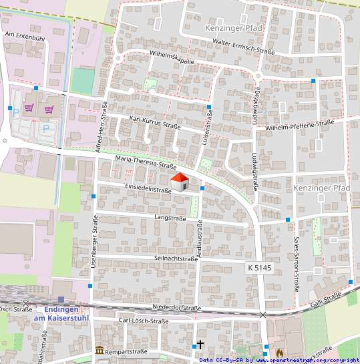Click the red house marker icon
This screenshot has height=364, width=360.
(x=180, y=181)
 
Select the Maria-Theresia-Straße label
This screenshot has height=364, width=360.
(x=146, y=162)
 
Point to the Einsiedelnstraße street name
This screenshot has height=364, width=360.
(x=148, y=189)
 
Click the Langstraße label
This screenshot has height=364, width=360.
(x=170, y=218)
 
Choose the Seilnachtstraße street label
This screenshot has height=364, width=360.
(x=176, y=258)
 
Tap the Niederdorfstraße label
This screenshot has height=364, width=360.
(x=177, y=308)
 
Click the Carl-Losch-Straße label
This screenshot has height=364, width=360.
(x=143, y=321)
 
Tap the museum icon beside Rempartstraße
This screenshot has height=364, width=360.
(x=100, y=350)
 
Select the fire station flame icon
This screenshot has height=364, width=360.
(x=279, y=351)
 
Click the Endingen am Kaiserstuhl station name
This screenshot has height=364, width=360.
(x=61, y=314)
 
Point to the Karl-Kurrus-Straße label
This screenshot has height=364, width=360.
(x=155, y=125)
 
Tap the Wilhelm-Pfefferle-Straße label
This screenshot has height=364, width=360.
(x=299, y=125)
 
